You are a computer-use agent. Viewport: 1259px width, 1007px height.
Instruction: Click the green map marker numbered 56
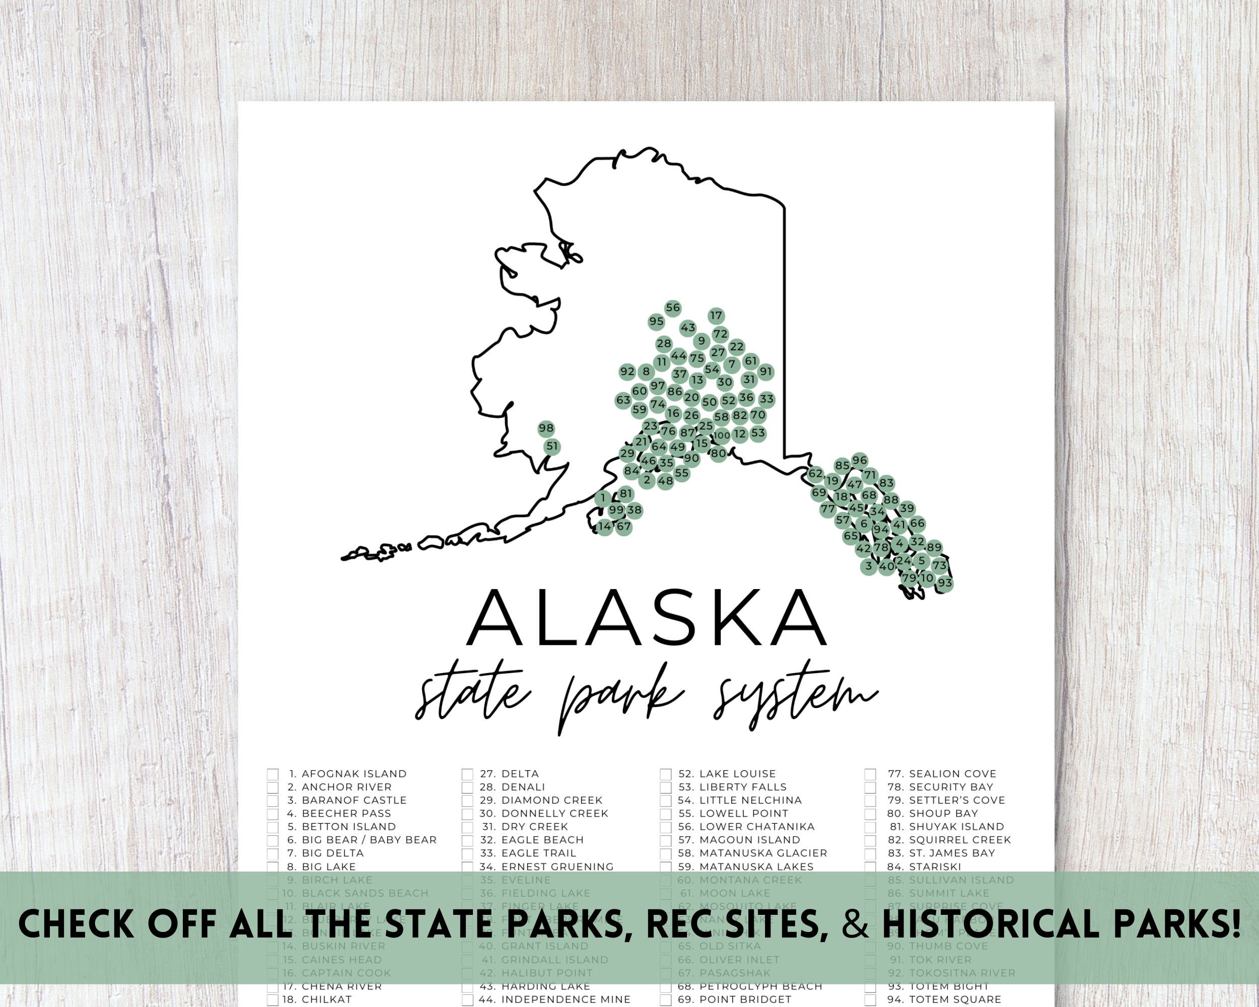point(673,308)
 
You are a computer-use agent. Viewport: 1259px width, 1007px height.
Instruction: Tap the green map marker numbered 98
point(546,428)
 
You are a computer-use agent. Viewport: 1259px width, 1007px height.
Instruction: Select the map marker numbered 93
point(945,583)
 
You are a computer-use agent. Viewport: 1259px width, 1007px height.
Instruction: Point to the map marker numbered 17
point(716,316)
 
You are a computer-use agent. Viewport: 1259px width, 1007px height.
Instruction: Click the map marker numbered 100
point(722,436)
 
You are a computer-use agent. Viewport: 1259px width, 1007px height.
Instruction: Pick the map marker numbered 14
point(605,527)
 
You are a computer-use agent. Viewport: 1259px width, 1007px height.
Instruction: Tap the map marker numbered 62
point(816,474)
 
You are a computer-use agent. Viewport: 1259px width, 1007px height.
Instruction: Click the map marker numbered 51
point(552,447)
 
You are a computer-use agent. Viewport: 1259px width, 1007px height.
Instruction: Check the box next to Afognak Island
point(273,774)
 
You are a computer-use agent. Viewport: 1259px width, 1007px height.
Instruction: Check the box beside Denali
point(467,787)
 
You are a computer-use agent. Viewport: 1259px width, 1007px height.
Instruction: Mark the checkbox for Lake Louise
point(666,774)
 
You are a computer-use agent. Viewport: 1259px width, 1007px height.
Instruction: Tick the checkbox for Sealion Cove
point(870,774)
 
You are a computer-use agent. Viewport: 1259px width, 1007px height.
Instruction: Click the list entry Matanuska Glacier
point(762,853)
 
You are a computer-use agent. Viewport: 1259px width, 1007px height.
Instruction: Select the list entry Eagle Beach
point(542,839)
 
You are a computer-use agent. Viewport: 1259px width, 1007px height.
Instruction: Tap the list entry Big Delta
point(332,853)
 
